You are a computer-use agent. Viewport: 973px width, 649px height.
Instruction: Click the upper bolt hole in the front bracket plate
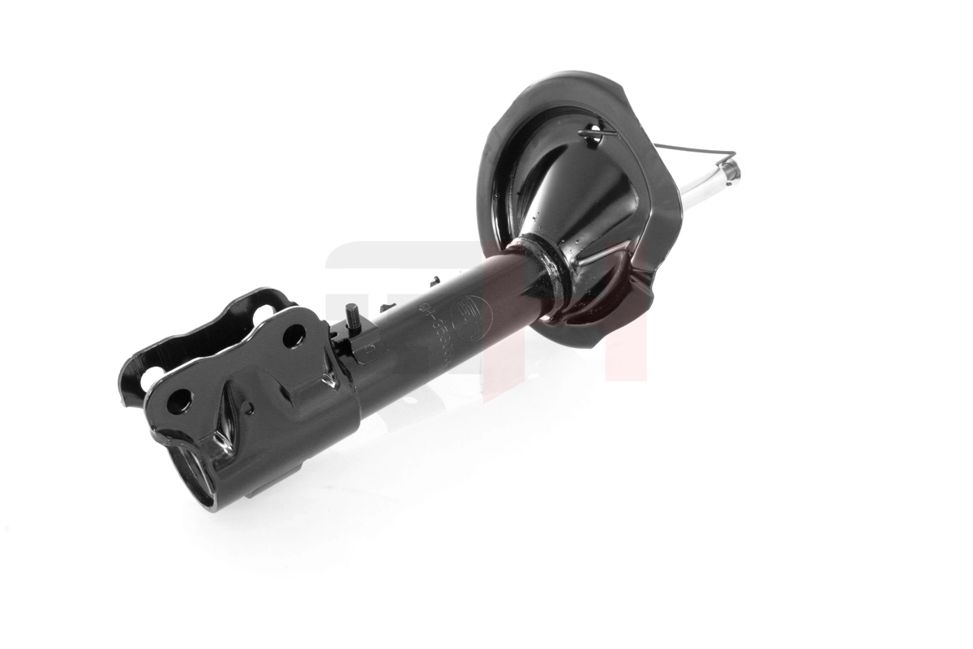(294, 333)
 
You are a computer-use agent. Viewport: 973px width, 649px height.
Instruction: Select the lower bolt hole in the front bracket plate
(180, 399)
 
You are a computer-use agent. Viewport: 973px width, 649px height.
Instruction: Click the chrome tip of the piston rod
(728, 171)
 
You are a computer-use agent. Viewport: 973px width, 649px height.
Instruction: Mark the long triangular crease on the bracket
(225, 430)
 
